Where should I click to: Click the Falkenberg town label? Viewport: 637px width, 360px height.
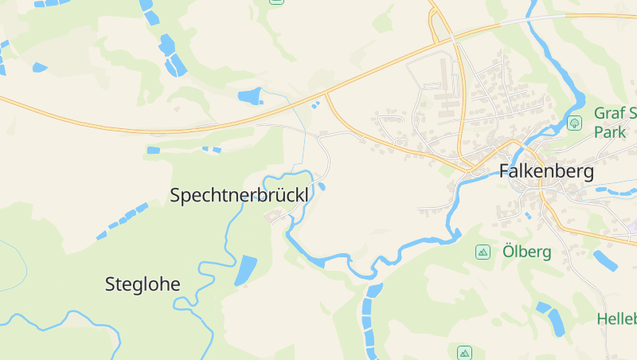pyautogui.click(x=546, y=171)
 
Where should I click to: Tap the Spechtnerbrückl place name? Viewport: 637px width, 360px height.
pyautogui.click(x=239, y=195)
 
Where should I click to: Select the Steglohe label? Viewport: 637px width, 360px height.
pyautogui.click(x=143, y=284)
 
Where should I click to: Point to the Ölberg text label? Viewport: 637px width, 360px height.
pyautogui.click(x=527, y=252)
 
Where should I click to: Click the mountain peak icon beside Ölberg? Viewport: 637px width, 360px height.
pyautogui.click(x=482, y=252)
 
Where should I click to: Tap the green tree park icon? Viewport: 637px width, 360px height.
pyautogui.click(x=574, y=123)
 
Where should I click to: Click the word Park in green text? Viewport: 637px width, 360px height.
pyautogui.click(x=611, y=132)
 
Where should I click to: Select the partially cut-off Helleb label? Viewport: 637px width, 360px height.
pyautogui.click(x=617, y=319)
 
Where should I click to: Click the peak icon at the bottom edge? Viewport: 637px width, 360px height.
pyautogui.click(x=465, y=352)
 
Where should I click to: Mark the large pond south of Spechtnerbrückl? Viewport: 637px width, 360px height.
pyautogui.click(x=245, y=271)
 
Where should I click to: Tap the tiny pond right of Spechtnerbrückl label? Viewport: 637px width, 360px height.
pyautogui.click(x=322, y=187)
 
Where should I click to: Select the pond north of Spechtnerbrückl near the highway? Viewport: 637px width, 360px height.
pyautogui.click(x=250, y=96)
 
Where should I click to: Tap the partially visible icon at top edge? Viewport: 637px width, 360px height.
pyautogui.click(x=276, y=2)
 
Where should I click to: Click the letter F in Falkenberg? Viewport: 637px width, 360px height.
pyautogui.click(x=505, y=171)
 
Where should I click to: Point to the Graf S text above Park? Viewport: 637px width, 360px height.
pyautogui.click(x=615, y=113)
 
